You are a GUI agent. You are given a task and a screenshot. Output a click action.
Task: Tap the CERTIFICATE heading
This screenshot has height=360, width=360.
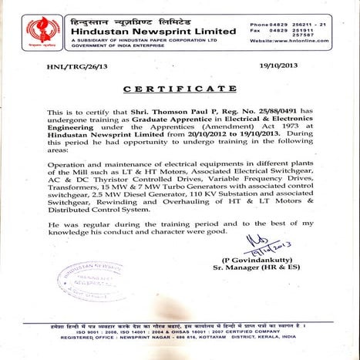click(180, 90)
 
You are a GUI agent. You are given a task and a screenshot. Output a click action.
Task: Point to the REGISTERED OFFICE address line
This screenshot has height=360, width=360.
click(180, 348)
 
